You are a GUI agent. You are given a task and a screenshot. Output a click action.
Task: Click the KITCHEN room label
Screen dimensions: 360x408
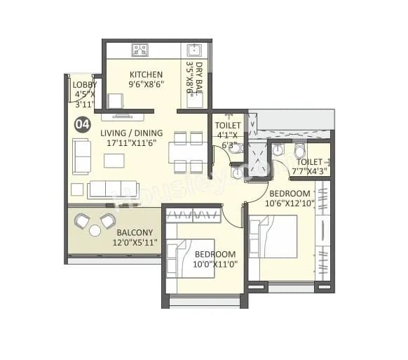[x=146, y=74]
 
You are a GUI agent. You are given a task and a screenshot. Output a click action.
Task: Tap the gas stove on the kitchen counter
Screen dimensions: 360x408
[x=140, y=50]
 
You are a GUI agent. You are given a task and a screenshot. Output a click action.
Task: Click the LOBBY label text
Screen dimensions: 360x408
[x=85, y=84]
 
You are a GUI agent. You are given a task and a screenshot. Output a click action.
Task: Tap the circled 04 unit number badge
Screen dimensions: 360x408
[x=83, y=125]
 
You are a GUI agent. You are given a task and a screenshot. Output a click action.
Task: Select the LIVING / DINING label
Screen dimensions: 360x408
[x=131, y=133]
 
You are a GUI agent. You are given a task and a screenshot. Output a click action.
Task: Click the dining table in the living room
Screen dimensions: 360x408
[x=189, y=152]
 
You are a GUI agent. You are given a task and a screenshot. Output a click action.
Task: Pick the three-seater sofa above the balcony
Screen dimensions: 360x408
[x=112, y=189]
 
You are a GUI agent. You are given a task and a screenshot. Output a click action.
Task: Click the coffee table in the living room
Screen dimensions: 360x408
[x=114, y=161]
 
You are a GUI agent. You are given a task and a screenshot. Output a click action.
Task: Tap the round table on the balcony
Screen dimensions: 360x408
[x=95, y=230]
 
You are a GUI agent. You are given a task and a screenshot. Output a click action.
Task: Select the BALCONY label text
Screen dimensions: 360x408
[x=136, y=232]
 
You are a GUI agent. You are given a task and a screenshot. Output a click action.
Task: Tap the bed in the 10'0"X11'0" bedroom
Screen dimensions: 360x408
[x=190, y=258]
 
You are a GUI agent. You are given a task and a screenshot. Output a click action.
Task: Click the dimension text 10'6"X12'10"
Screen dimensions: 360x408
[x=290, y=204]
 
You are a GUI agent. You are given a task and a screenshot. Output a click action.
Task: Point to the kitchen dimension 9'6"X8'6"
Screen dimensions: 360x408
[x=146, y=84]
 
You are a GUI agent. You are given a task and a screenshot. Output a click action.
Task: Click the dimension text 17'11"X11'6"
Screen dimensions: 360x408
[x=131, y=142]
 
